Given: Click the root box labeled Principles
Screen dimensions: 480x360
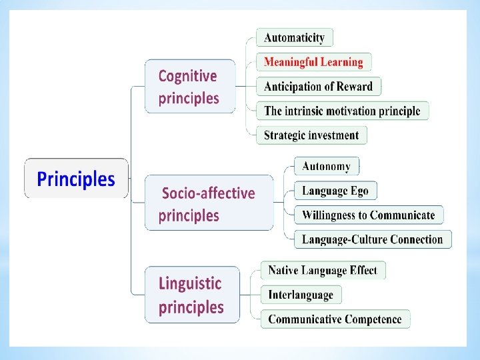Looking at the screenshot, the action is tap(76, 179).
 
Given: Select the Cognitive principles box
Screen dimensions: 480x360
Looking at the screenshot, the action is tap(190, 87).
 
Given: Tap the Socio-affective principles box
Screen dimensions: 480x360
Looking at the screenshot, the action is tap(209, 203).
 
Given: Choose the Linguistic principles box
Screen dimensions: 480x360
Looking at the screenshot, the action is tap(192, 295).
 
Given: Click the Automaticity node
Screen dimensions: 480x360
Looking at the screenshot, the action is tap(294, 38).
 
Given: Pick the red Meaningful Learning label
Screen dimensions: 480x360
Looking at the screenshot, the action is tap(313, 62).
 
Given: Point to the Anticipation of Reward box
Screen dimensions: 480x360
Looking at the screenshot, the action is tap(318, 87).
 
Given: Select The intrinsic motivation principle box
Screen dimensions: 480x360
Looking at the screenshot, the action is tap(342, 111).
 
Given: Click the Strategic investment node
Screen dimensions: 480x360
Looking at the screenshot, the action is tap(311, 135).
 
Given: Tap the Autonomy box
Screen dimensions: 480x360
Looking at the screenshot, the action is tap(326, 166).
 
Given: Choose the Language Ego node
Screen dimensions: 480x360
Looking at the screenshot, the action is tap(335, 191).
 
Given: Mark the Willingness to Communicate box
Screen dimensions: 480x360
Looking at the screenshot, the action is tap(368, 215).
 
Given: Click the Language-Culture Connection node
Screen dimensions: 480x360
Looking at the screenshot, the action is tap(372, 239).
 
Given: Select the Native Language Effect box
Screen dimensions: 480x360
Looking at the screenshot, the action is tap(323, 270).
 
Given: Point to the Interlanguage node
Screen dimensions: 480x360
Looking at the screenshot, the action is tap(301, 295).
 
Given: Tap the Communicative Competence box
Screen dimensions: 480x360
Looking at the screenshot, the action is tap(335, 319).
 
